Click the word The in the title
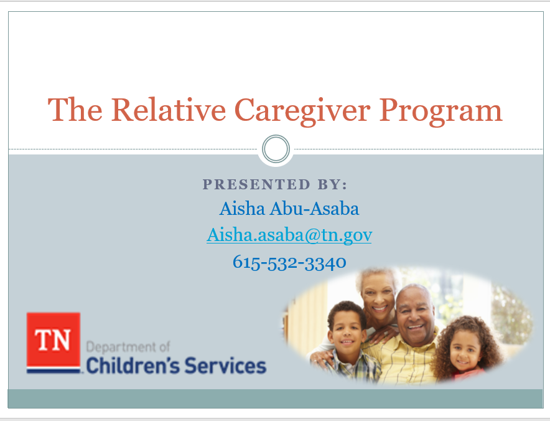[75, 110]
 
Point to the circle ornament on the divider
[275, 149]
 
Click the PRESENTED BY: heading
[275, 184]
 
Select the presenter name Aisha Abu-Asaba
[289, 208]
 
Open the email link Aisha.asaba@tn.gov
[289, 235]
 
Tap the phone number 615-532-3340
[289, 262]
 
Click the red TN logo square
[54, 339]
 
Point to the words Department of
[128, 346]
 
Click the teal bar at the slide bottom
[275, 399]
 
